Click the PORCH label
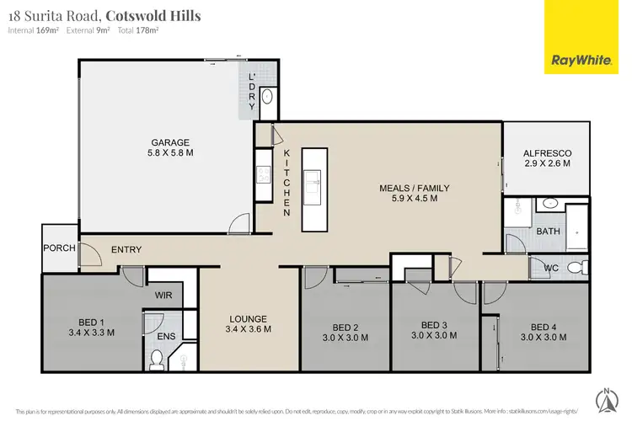pyautogui.click(x=60, y=248)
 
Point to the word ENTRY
pyautogui.click(x=126, y=249)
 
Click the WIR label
pyautogui.click(x=163, y=295)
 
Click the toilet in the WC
pyautogui.click(x=575, y=268)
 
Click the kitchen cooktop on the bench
pyautogui.click(x=262, y=176)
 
